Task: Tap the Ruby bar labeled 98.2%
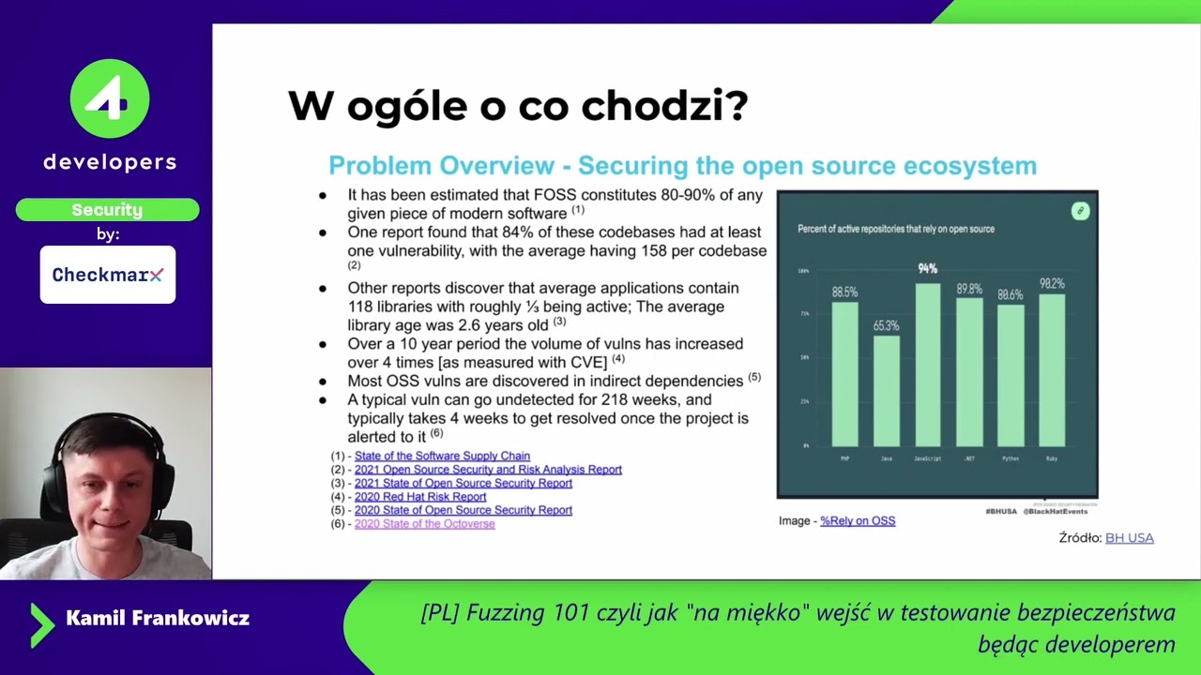click(x=1052, y=369)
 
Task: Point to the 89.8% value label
click(x=969, y=290)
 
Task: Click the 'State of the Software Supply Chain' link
click(x=442, y=457)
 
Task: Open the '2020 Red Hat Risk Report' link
click(x=420, y=497)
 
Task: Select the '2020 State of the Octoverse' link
click(x=424, y=524)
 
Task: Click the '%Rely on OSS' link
click(x=858, y=521)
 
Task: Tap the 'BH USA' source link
click(x=1129, y=538)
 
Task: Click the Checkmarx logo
click(x=108, y=275)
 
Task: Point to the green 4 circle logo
click(x=110, y=98)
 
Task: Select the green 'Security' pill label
click(x=107, y=210)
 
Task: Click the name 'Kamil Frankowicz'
click(x=158, y=618)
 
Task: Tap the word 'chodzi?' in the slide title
click(x=664, y=106)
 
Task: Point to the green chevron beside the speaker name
click(x=41, y=624)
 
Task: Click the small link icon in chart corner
click(x=1080, y=211)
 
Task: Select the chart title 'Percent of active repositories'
click(x=895, y=229)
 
